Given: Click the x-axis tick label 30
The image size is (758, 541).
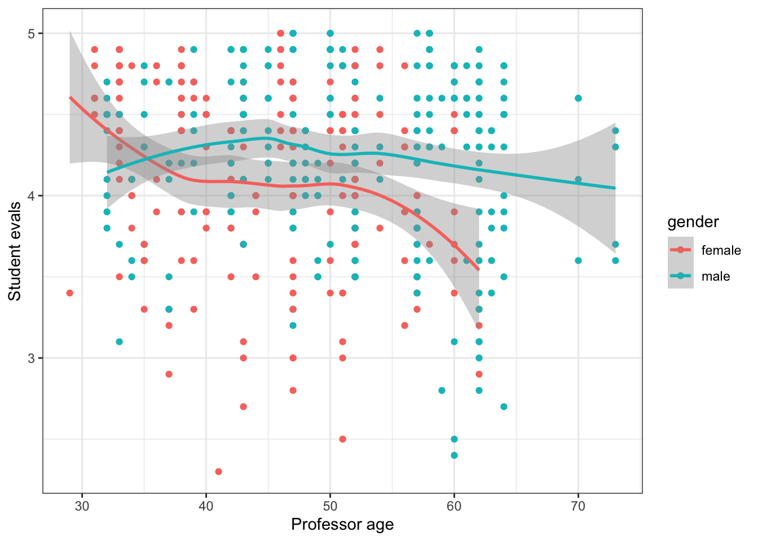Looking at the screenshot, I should (82, 507).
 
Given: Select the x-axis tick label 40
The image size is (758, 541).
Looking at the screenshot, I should (206, 507).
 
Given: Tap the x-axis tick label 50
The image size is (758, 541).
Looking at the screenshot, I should (330, 507).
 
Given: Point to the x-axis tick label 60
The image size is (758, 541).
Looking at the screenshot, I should (454, 507).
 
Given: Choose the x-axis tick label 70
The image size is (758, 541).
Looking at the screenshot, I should (578, 507).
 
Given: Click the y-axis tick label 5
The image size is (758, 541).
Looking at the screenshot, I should (32, 34).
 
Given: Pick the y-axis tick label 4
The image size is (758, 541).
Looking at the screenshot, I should (32, 196).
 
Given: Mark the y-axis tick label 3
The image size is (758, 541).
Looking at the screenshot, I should (32, 358).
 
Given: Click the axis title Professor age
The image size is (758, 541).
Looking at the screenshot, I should (342, 525).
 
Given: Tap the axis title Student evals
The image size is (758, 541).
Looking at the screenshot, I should (15, 251).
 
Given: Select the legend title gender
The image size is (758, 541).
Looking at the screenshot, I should (693, 222).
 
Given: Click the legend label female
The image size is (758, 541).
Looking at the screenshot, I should (721, 250).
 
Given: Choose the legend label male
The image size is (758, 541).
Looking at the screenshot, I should (715, 276).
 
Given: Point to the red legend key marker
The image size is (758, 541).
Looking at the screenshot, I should (680, 250).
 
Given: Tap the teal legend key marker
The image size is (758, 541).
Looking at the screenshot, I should (680, 276).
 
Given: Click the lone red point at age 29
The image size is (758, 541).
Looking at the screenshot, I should (69, 293).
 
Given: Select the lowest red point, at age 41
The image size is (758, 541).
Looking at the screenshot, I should (218, 472).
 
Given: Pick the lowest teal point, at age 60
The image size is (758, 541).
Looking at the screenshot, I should (454, 455).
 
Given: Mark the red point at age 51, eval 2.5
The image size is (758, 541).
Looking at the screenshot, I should (342, 439).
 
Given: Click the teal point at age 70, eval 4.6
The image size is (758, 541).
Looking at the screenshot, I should (578, 99).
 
